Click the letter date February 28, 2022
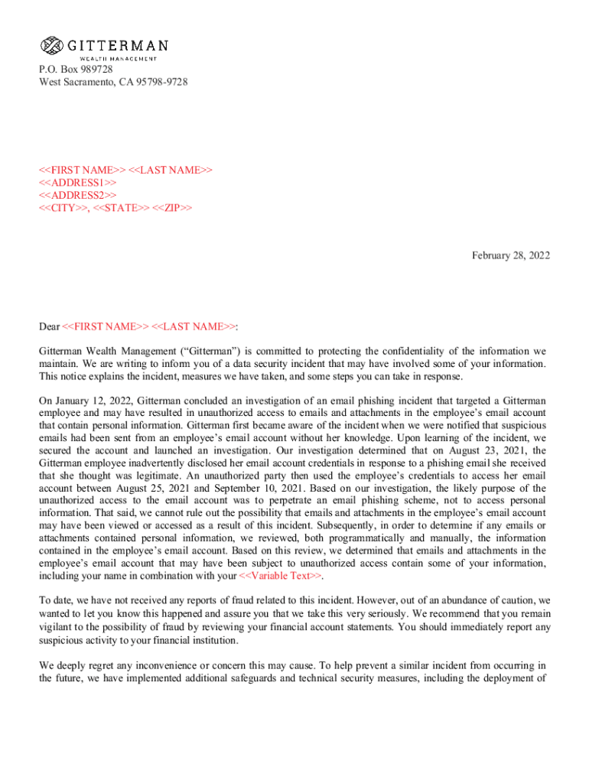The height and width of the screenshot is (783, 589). click(x=511, y=255)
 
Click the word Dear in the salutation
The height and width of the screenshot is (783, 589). click(x=50, y=327)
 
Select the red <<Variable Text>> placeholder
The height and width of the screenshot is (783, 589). click(x=280, y=576)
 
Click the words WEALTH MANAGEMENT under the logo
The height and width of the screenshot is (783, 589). click(x=119, y=58)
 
